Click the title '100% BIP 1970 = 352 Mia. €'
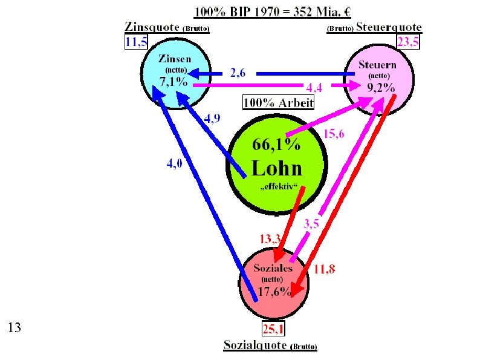click(x=273, y=11)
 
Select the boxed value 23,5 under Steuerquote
click(x=408, y=41)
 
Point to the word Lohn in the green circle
click(x=277, y=168)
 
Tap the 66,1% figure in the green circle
click(x=276, y=145)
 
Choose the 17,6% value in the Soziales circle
click(x=275, y=292)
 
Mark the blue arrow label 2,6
click(x=238, y=73)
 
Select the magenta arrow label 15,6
click(x=334, y=134)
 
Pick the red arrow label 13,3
click(x=269, y=239)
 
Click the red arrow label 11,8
click(x=325, y=269)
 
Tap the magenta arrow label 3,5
click(x=311, y=224)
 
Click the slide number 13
click(x=15, y=328)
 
